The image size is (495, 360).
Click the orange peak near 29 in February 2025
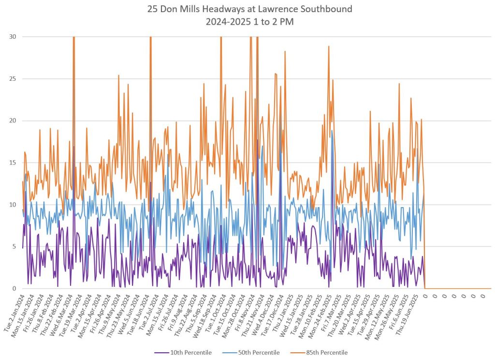[x=329, y=46]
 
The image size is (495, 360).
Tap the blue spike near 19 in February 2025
[x=332, y=131]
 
